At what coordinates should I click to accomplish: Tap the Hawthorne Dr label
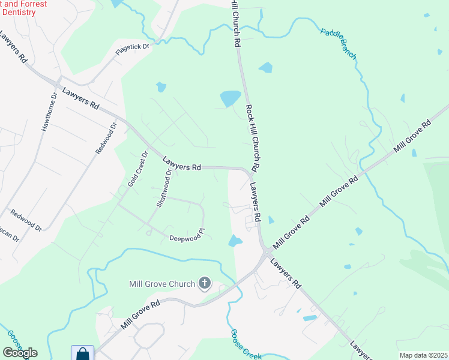[49, 112]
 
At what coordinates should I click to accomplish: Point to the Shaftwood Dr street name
[164, 188]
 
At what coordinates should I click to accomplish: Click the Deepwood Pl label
[187, 235]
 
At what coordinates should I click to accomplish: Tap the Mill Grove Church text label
[162, 284]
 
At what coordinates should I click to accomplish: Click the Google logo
[20, 353]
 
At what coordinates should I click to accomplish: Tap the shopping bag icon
[82, 354]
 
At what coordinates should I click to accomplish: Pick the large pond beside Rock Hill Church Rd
[230, 98]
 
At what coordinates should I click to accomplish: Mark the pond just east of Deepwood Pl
[235, 241]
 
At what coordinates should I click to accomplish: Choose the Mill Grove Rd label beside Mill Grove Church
[140, 314]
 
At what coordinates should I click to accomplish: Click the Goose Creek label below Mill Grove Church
[246, 344]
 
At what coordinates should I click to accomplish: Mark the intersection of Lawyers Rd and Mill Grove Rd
[264, 252]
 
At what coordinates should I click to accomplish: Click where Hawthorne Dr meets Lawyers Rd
[58, 83]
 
